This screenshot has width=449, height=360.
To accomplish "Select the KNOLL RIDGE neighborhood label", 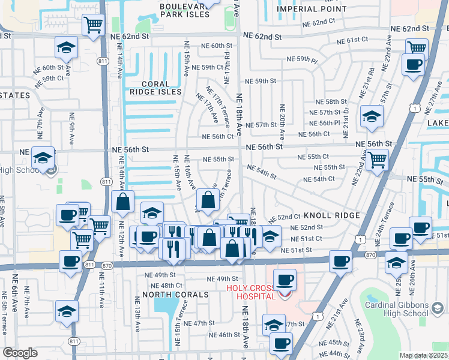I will [331, 215].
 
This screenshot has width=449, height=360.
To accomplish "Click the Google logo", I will [20, 353].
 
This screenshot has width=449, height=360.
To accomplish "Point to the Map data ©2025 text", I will [423, 355].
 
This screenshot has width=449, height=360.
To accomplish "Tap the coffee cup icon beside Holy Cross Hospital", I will [285, 279].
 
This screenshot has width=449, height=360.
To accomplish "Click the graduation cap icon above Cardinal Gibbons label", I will [396, 262].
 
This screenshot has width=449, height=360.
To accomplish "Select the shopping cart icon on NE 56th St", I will [377, 160].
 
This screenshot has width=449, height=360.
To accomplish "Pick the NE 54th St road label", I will [261, 172].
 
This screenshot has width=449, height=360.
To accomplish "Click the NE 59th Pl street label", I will [302, 59].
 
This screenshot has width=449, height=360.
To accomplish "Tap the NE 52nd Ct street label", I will [288, 217].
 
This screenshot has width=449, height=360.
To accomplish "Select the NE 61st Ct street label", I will [352, 40].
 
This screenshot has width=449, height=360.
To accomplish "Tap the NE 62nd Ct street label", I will [319, 22].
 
